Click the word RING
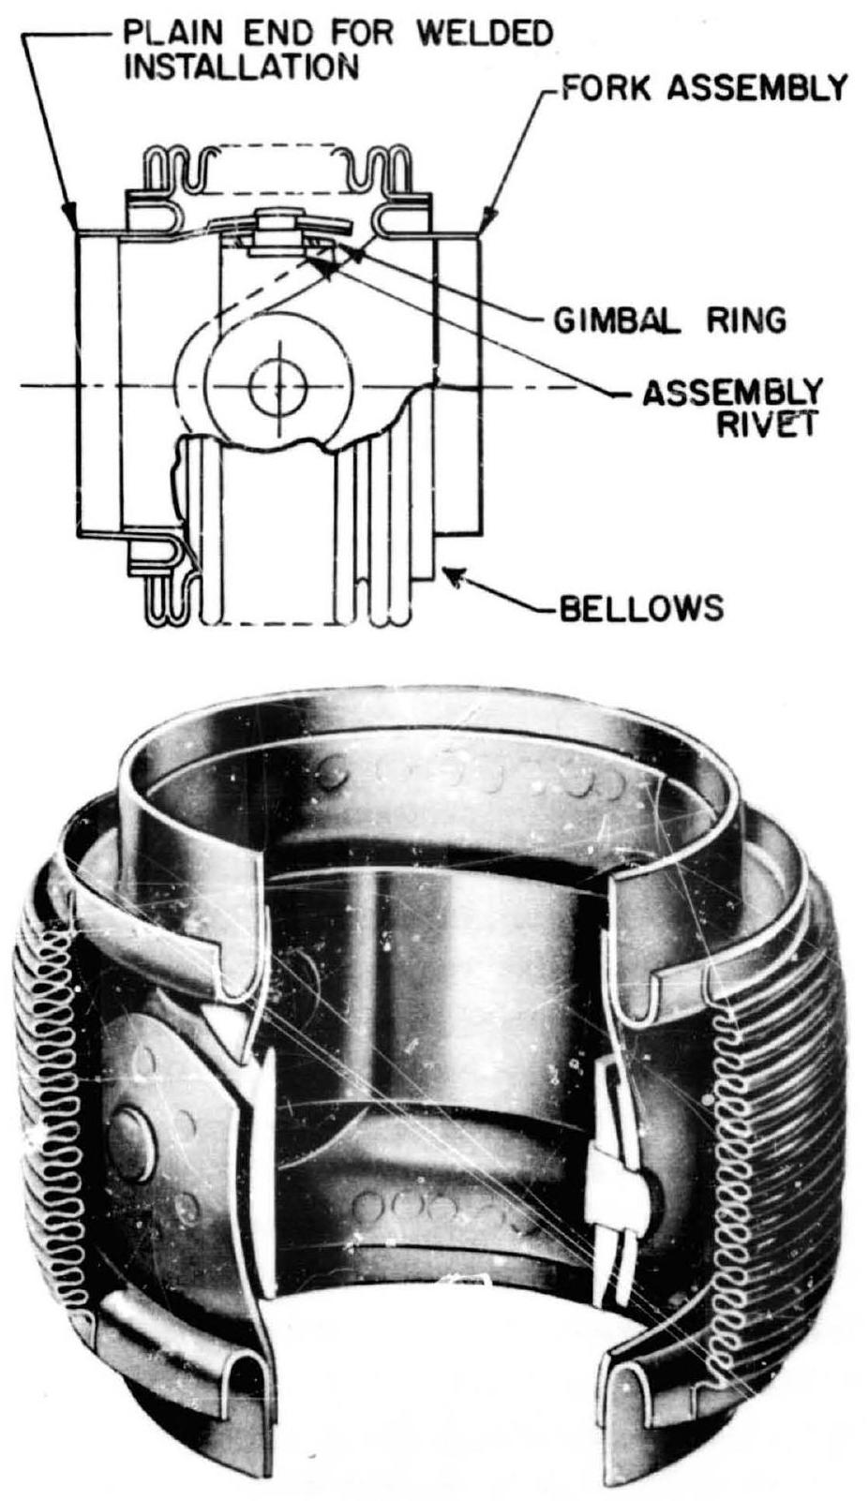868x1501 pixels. [741, 320]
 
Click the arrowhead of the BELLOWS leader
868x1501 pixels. [449, 578]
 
